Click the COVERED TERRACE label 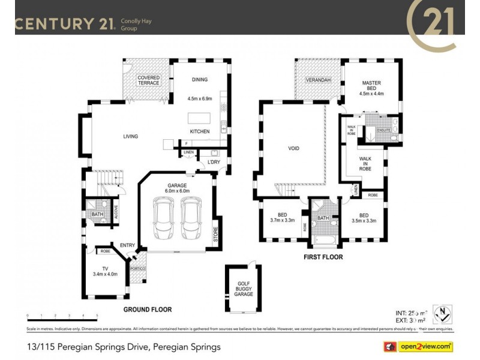coord(148,80)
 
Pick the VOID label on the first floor coord(293,148)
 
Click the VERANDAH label coord(316,79)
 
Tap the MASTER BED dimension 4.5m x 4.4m coord(371,94)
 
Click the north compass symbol coord(442,314)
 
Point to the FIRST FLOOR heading coord(323,257)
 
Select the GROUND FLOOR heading coord(148,310)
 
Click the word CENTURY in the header coord(53,24)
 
